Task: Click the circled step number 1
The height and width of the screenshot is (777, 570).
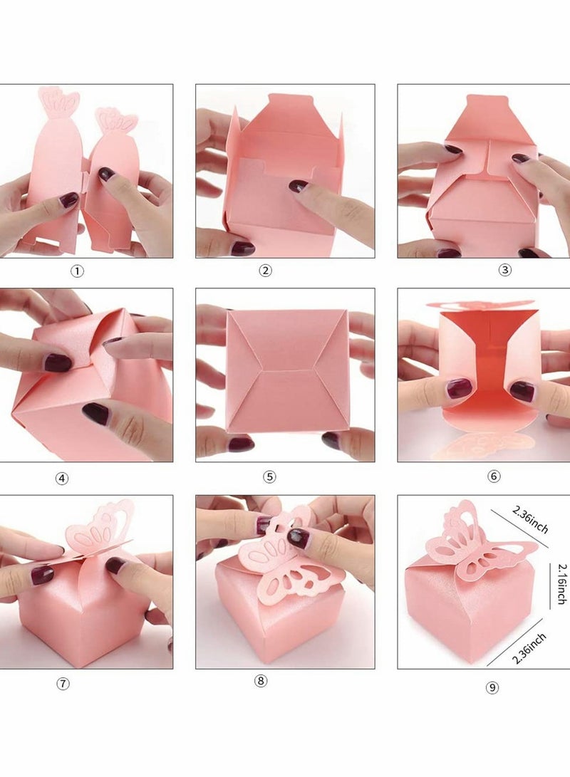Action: point(77,271)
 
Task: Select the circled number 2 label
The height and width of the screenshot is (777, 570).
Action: point(265,271)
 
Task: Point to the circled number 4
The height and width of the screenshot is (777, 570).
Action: point(62,479)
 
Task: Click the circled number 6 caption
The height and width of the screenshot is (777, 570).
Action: point(494,476)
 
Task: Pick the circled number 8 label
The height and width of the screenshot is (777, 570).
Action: point(261,681)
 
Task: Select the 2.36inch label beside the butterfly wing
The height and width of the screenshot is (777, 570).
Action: point(529,519)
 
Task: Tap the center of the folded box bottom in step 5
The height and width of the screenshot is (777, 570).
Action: point(288,370)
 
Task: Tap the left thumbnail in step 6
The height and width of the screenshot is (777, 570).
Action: point(459,389)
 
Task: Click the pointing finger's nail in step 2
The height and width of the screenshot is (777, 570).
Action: point(298,186)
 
